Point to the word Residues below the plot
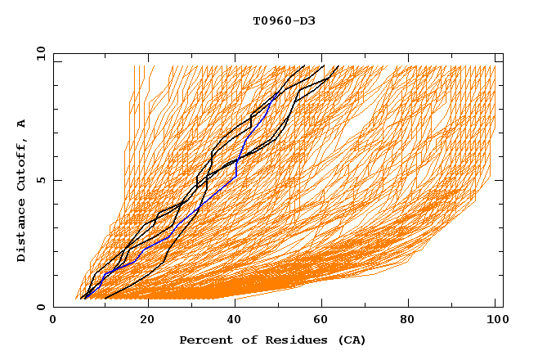288,340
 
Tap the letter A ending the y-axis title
21,123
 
